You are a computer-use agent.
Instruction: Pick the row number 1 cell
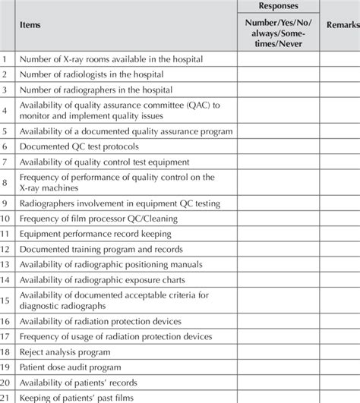[6, 58]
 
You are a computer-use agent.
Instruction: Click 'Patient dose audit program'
[74, 368]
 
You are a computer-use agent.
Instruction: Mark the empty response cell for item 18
[277, 353]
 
